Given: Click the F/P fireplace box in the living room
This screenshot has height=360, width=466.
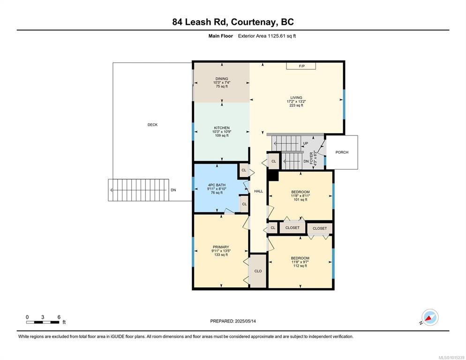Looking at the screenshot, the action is pyautogui.click(x=301, y=66).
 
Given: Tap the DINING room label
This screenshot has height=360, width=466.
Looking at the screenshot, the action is pyautogui.click(x=222, y=79).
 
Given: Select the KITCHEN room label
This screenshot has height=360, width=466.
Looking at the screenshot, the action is pyautogui.click(x=222, y=128).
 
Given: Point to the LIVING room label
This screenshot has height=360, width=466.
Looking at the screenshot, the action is pyautogui.click(x=296, y=97).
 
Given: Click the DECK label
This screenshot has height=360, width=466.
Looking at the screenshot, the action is pyautogui.click(x=152, y=125).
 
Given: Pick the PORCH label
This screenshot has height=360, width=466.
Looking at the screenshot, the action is pyautogui.click(x=342, y=152).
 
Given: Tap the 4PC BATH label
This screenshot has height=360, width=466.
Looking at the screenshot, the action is pyautogui.click(x=217, y=185).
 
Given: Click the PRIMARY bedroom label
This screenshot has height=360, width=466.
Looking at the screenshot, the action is pyautogui.click(x=221, y=247).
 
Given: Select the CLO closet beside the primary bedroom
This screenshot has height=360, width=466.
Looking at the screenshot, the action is pyautogui.click(x=258, y=271).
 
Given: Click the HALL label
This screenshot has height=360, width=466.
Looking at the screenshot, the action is pyautogui.click(x=259, y=191).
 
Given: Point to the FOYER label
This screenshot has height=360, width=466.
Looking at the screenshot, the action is pyautogui.click(x=311, y=158).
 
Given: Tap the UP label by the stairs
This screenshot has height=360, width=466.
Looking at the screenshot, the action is pyautogui.click(x=306, y=143).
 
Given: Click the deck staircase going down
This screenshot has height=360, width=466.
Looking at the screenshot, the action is pyautogui.click(x=138, y=190).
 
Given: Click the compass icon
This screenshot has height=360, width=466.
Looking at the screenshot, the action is pyautogui.click(x=430, y=317).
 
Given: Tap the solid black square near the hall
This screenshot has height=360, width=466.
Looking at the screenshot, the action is pyautogui.click(x=273, y=175).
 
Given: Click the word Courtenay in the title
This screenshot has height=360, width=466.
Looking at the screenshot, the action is pyautogui.click(x=254, y=22).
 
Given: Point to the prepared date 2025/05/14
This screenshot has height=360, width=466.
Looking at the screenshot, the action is pyautogui.click(x=246, y=321).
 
